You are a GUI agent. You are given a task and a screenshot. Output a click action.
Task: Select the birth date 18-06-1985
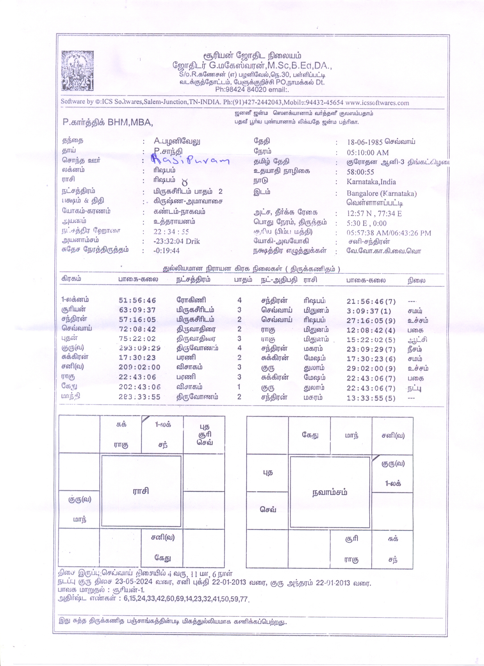364,142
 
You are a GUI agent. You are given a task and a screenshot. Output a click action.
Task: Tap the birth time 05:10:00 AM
367,153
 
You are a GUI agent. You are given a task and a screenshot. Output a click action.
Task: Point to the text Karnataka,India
371,182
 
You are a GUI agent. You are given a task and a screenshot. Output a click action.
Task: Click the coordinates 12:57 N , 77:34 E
374,213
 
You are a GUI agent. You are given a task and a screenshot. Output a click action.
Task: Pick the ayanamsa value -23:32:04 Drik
177,241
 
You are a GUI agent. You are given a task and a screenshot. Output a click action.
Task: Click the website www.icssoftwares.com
377,103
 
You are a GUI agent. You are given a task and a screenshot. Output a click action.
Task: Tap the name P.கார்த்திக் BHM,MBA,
108,122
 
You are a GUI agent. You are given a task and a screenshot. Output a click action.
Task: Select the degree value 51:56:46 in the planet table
138,300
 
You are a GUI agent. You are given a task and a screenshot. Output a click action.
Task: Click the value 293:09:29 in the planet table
140,348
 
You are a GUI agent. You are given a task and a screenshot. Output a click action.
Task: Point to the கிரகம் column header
71,279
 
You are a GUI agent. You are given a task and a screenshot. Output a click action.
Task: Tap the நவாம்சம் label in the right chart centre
329,492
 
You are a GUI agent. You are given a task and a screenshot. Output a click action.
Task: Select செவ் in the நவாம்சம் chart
268,509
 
